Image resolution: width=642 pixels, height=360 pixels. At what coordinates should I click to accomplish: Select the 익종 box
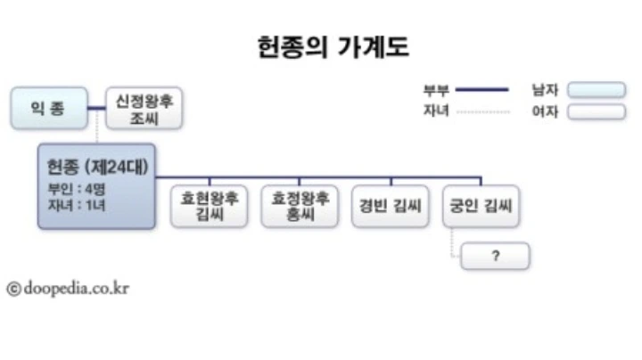pos(49,109)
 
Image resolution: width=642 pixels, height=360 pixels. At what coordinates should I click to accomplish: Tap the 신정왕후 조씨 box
pos(144,109)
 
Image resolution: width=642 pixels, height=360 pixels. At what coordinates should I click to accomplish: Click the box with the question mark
pos(495,256)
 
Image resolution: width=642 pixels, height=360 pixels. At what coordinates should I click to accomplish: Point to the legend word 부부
pos(436,89)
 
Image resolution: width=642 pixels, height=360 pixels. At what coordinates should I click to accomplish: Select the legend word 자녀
pos(436,111)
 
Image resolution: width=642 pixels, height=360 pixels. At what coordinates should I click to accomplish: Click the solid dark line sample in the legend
pos(481,89)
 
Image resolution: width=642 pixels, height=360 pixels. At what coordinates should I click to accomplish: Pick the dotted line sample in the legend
pos(481,112)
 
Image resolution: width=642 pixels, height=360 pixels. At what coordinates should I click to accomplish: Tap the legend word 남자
pos(545,89)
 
